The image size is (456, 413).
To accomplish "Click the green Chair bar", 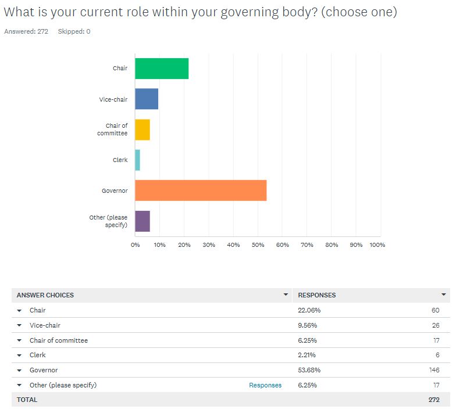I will coord(162,69).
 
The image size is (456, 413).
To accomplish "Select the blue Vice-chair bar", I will coord(147,99).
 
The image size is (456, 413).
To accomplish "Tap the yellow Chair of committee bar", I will coord(142,130).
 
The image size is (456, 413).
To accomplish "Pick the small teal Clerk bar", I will coord(138,160).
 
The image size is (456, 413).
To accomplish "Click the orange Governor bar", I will coord(201,191).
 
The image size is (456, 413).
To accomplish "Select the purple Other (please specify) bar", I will coord(142,221).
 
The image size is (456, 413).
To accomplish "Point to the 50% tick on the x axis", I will coord(258,245).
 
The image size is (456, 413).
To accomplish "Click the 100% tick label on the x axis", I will coord(377,245).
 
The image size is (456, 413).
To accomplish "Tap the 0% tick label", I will coord(136,245).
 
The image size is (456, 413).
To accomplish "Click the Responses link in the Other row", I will coord(265,385).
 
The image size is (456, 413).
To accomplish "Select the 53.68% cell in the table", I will coord(309,370).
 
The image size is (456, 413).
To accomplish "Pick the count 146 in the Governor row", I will coord(433,370).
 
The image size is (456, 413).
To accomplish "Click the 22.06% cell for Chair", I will coord(309,310).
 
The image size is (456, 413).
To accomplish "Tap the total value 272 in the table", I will coord(433,400).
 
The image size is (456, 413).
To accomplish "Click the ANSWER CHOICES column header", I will coord(45,295).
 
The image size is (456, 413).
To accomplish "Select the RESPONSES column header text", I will coord(317,295).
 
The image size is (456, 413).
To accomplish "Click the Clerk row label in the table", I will coord(38,355).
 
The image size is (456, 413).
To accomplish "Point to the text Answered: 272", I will coord(26,31).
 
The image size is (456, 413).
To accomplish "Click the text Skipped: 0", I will coord(74,31).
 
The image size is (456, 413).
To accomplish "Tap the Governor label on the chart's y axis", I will coord(115,191).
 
